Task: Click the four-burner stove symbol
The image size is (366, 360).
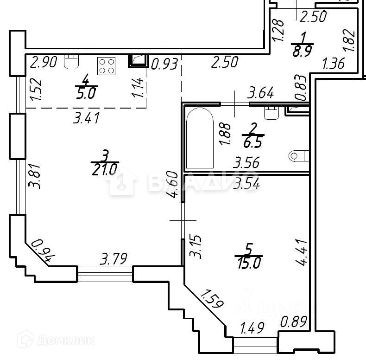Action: click(107, 66)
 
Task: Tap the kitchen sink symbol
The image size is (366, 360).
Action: click(71, 61)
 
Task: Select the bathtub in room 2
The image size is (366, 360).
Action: click(199, 138)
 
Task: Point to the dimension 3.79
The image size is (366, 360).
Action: click(114, 257)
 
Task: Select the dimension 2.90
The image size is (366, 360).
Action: click(43, 62)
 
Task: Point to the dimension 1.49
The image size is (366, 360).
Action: click(252, 328)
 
